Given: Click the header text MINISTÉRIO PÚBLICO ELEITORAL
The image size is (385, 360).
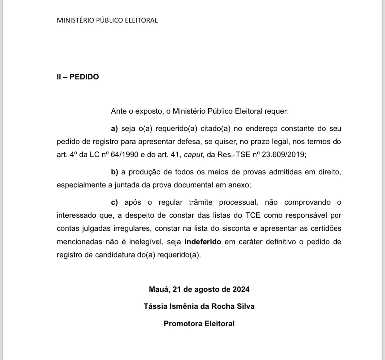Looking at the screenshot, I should pos(107,20).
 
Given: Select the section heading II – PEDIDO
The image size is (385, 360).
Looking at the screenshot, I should pos(78,77).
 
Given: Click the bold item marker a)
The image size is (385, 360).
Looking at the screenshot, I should pos(114,129).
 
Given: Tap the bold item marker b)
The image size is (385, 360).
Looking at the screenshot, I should pos(114,172).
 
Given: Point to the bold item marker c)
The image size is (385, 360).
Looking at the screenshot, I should pos(114,202).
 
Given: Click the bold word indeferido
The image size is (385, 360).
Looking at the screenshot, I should pos(203,242).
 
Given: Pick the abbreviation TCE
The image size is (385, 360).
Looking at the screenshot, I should pos(253,215).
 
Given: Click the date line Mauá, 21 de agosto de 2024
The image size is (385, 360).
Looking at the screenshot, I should pos(199,289).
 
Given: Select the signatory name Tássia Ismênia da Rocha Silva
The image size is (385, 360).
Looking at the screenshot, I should pos(199,306).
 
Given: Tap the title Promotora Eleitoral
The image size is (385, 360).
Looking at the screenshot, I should pos(199,324).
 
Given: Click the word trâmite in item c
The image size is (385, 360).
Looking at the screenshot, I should pos(201,202).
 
